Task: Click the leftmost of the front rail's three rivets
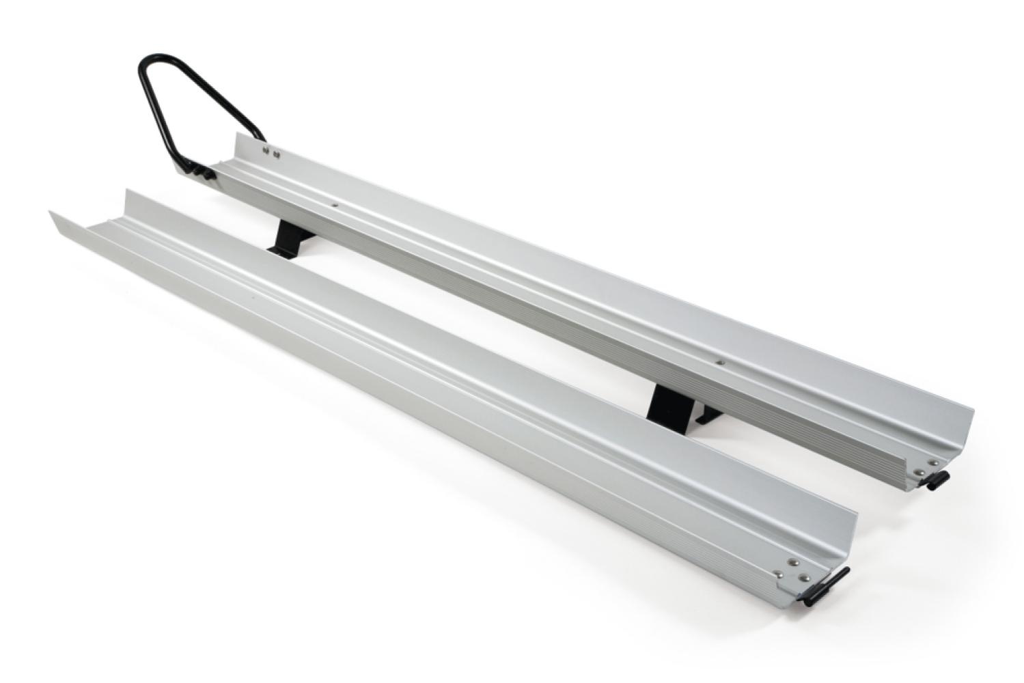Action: point(778,574)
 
